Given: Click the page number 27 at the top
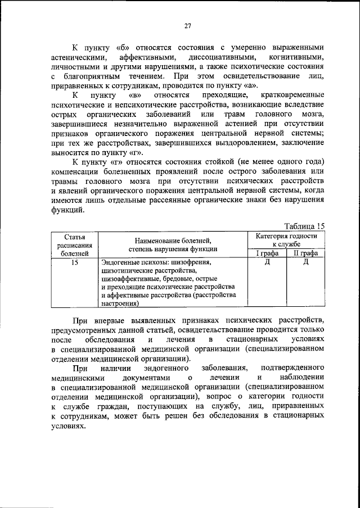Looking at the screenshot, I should tap(188, 25).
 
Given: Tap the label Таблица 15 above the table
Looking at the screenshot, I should tap(304, 226).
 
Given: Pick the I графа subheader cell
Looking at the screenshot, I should tap(267, 253).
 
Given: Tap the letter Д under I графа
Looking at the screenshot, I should tap(267, 262).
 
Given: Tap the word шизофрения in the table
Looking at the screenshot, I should tap(192, 262).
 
